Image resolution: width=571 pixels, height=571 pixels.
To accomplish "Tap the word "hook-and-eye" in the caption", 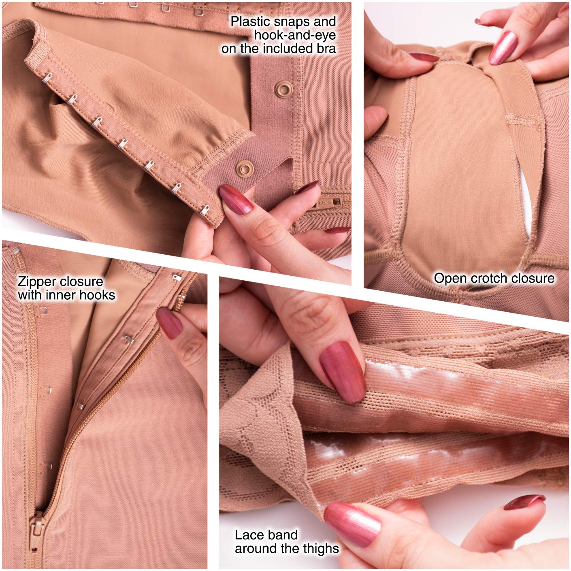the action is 295,35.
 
